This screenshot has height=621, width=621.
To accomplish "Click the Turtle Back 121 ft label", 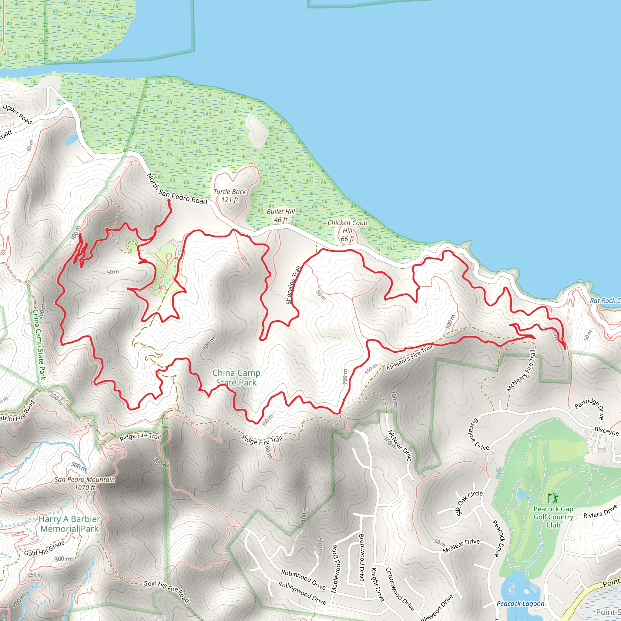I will coord(230,196).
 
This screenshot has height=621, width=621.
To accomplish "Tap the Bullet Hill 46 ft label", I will coord(280,216).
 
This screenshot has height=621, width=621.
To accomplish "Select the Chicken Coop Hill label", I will coord(347,231).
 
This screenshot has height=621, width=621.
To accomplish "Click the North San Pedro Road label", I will coord(177,189).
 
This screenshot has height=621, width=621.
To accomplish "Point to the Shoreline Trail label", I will coord(293,285).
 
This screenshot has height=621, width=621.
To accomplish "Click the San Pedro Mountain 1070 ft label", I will coord(85,483).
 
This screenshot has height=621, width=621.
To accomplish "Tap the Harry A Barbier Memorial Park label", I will coord(69,524).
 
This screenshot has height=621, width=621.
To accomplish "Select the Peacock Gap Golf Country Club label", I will coord(553,517).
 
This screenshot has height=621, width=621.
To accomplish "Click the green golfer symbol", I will coord(553,498).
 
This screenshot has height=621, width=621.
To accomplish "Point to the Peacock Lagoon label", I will coord(520,603).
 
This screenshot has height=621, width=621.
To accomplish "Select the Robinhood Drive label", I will coord(303,579).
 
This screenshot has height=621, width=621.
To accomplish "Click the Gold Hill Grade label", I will coord(45,548).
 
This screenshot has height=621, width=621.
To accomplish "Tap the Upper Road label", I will coord(18,114).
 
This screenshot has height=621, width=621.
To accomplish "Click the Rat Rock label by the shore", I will coord(604,300).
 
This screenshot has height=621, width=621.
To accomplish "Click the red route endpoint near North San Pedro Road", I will coord(169,200).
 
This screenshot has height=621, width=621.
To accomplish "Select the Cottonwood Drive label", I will coord(400,589).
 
